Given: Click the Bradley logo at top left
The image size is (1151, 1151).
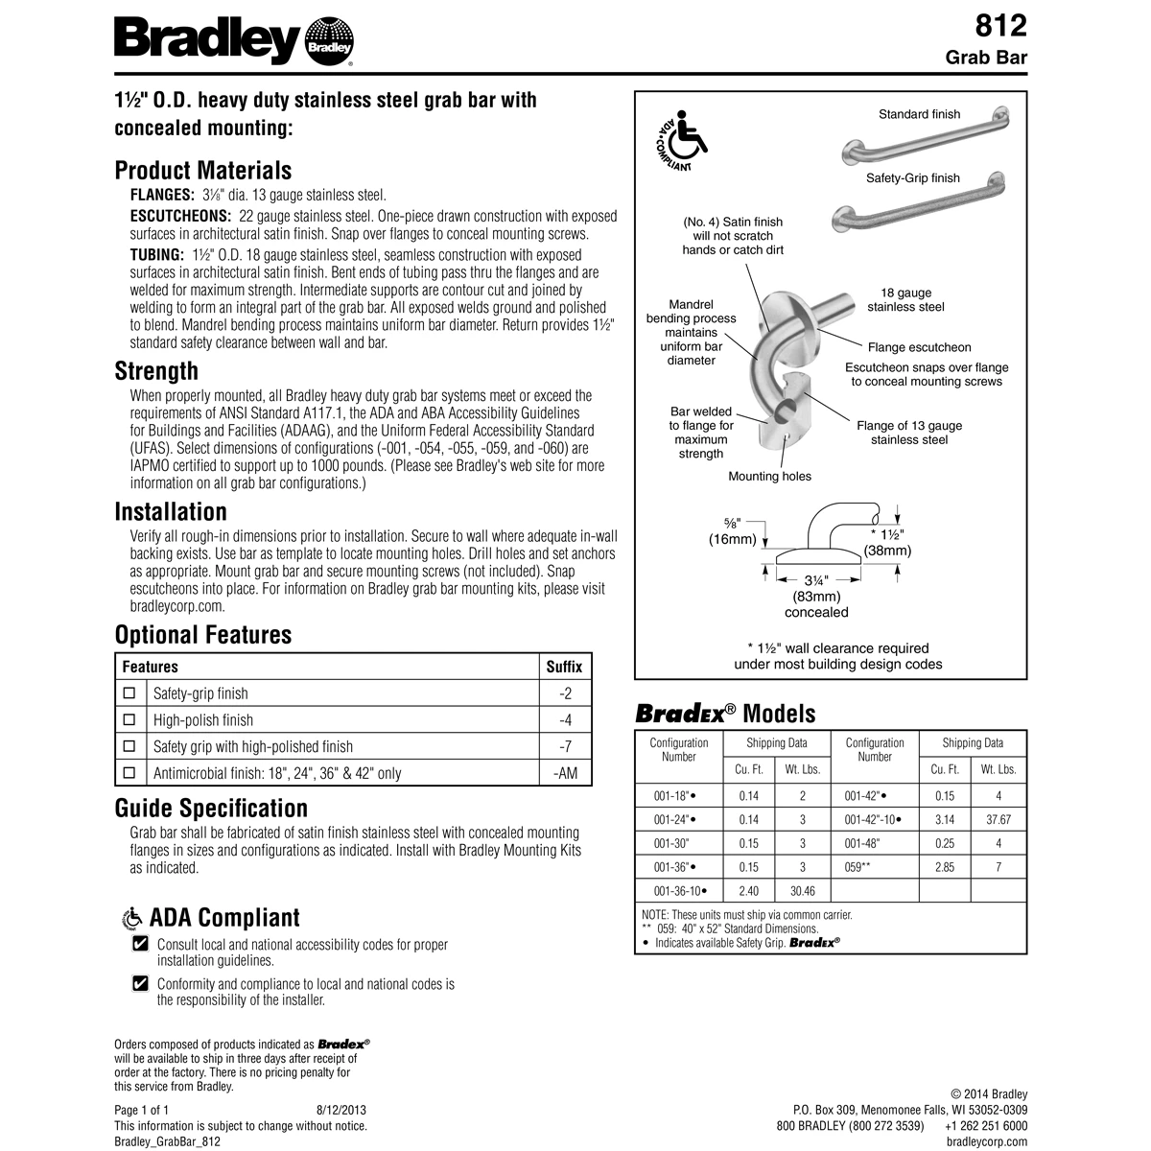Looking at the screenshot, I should [234, 40].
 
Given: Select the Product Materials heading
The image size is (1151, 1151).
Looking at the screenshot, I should [202, 171].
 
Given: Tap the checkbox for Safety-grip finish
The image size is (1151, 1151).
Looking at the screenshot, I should [130, 693].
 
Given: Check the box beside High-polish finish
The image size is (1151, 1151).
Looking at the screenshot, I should [130, 719].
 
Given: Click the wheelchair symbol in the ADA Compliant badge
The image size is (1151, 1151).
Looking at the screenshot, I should [684, 138].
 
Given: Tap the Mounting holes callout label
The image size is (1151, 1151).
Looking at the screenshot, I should [769, 477].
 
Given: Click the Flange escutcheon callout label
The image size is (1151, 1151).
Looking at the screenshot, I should [919, 347].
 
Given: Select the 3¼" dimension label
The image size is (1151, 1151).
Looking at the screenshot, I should [816, 580].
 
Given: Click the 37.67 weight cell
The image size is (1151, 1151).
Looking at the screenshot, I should [998, 821].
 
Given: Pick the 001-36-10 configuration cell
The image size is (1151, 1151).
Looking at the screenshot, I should [678, 891].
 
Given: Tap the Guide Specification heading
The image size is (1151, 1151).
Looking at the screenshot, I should [211, 808].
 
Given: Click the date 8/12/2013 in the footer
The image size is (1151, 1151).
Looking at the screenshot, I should [341, 1109].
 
